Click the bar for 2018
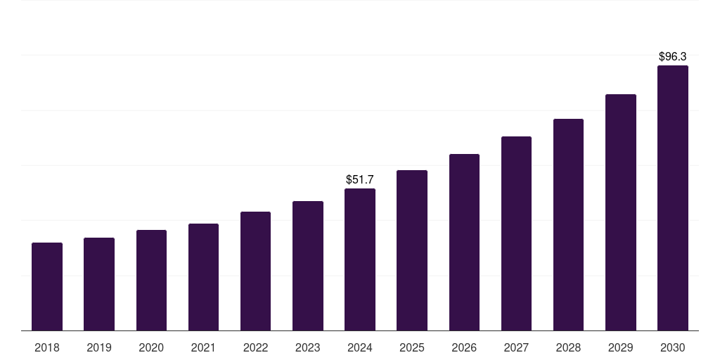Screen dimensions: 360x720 [47, 287]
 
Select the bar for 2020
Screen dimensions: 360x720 [151, 281]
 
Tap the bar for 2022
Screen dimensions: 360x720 [255, 271]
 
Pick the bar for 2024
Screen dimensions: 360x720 [360, 259]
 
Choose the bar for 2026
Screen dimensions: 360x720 [464, 243]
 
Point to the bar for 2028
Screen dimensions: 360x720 [568, 225]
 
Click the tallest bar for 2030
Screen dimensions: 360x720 [672, 198]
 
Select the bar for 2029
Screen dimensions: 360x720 [620, 212]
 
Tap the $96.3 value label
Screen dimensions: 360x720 [672, 56]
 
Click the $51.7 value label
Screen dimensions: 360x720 [360, 180]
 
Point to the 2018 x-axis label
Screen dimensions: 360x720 [47, 347]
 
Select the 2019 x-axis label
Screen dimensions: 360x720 [99, 347]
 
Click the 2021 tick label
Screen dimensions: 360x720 [203, 347]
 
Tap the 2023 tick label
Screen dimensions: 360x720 [308, 347]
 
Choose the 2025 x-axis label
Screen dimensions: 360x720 [412, 347]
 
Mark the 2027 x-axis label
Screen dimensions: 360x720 [516, 347]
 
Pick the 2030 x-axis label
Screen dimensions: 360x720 [672, 347]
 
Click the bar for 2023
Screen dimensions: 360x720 [308, 266]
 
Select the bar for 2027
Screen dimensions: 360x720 [516, 233]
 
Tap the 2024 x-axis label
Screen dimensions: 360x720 [360, 347]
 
